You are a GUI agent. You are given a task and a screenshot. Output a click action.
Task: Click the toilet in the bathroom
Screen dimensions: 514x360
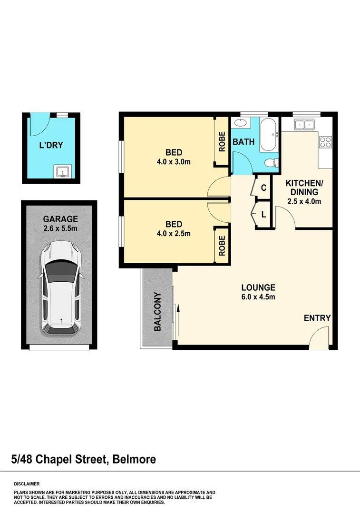pyautogui.click(x=272, y=163)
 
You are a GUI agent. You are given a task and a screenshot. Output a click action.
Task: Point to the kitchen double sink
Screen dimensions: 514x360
pyautogui.click(x=303, y=125)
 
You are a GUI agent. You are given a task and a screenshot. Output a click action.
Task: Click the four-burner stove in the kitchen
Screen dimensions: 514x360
pyautogui.click(x=326, y=141)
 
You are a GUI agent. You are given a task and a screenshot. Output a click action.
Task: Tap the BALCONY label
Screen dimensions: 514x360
pyautogui.click(x=157, y=312)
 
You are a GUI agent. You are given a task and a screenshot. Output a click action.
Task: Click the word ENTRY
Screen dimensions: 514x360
pyautogui.click(x=317, y=318)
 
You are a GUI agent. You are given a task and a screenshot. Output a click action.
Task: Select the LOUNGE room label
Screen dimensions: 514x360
pyautogui.click(x=258, y=287)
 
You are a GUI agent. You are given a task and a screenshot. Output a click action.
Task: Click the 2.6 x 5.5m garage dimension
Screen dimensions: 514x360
pyautogui.click(x=60, y=228)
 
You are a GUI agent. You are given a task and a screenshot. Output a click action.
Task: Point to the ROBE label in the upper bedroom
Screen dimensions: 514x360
pyautogui.click(x=222, y=141)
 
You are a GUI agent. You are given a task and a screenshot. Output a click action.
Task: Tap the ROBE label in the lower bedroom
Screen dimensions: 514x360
pyautogui.click(x=222, y=245)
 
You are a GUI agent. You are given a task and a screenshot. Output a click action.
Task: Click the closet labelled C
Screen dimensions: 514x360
pyautogui.click(x=263, y=188)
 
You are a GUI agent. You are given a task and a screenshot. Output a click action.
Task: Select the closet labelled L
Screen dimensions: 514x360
pyautogui.click(x=263, y=215)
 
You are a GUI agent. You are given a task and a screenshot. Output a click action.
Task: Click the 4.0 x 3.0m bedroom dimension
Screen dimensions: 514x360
pyautogui.click(x=174, y=161)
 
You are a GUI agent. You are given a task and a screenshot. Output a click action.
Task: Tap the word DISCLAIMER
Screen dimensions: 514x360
pyautogui.click(x=27, y=483)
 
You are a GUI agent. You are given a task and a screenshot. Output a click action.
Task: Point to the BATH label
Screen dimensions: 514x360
pyautogui.click(x=243, y=141)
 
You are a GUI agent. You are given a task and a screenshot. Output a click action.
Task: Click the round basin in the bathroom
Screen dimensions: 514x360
pyautogui.click(x=241, y=123)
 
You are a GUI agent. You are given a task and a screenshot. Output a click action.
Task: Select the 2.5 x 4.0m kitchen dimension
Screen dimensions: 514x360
pyautogui.click(x=304, y=201)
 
